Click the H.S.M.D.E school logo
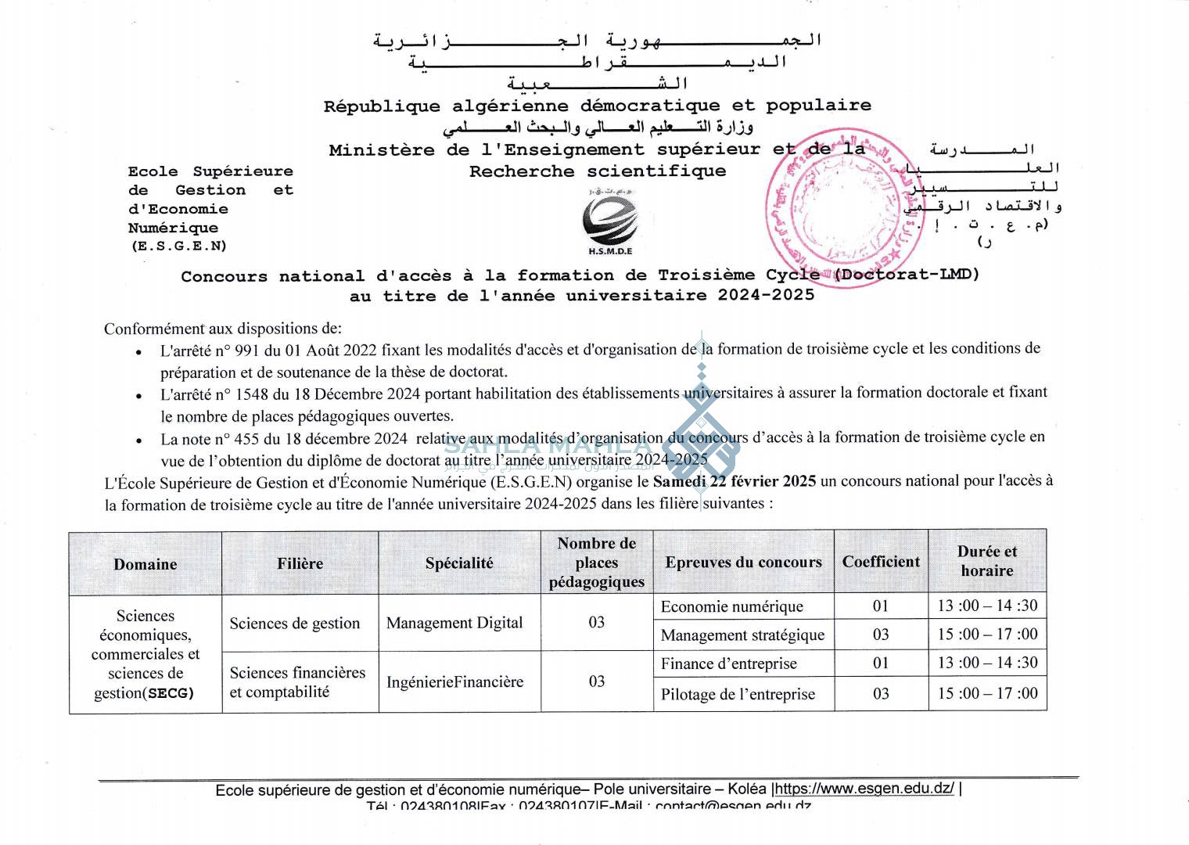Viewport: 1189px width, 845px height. click(610, 223)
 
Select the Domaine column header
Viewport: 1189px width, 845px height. click(145, 564)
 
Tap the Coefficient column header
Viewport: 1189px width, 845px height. click(881, 562)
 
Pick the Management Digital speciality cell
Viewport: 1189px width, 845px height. click(454, 623)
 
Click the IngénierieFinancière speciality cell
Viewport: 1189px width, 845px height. click(454, 681)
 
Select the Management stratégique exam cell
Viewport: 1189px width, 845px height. click(742, 635)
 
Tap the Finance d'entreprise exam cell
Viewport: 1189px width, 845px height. click(729, 663)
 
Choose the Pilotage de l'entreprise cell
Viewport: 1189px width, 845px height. click(738, 694)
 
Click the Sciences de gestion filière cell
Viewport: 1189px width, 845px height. click(295, 624)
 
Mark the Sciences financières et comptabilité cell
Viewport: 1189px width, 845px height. click(297, 681)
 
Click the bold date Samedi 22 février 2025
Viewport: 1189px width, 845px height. click(735, 481)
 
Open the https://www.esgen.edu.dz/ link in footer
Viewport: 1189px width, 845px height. click(864, 789)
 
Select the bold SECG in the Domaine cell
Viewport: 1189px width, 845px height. click(171, 693)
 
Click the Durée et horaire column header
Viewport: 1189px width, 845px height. click(987, 561)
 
